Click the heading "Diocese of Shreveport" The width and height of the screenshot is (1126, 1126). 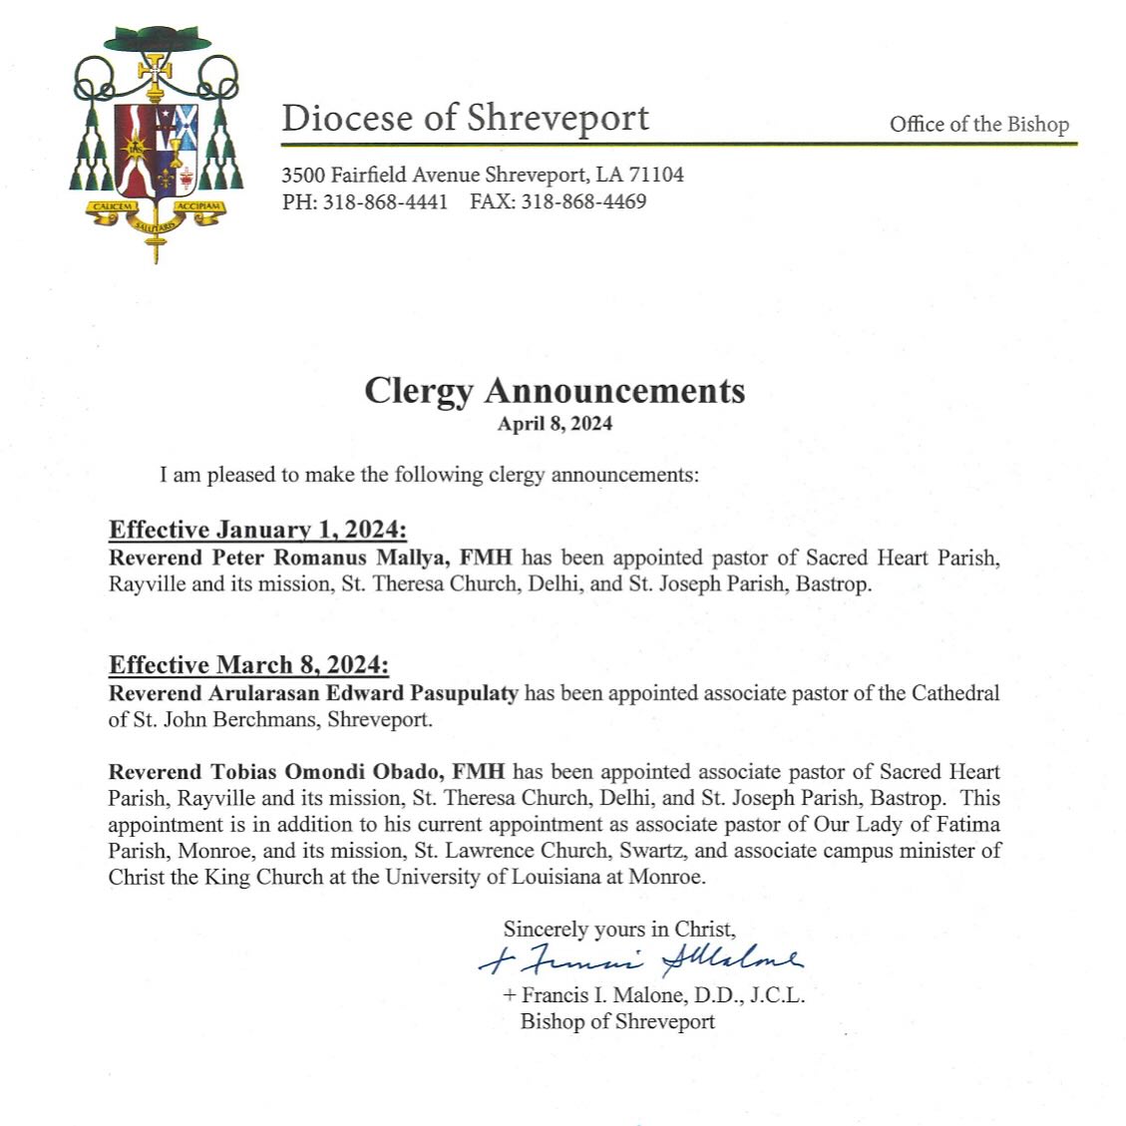click(x=465, y=119)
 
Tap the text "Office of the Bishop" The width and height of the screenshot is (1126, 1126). click(x=978, y=125)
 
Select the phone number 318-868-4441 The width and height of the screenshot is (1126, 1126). click(x=385, y=201)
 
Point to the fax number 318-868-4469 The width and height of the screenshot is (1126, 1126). click(x=583, y=201)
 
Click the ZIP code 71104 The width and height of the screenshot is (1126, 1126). click(x=655, y=176)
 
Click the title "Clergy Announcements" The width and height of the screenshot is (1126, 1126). click(x=555, y=390)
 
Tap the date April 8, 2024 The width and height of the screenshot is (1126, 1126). click(x=555, y=424)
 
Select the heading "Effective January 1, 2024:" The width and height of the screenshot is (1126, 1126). click(x=257, y=530)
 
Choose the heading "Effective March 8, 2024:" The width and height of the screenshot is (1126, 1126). click(x=248, y=665)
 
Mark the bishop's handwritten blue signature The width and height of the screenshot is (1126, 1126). click(x=640, y=959)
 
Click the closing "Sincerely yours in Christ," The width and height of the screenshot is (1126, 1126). click(x=619, y=930)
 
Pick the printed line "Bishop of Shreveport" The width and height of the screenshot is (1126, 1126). click(x=617, y=1021)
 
